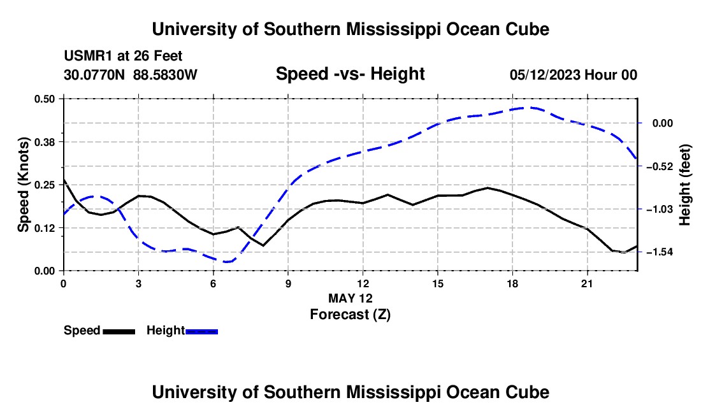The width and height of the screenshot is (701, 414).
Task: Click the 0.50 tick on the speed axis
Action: coord(45,99)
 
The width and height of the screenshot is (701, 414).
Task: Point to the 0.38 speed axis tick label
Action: coord(45,142)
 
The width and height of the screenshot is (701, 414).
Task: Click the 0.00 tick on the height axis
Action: coord(663,124)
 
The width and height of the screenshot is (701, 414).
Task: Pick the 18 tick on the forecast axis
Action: coord(512,283)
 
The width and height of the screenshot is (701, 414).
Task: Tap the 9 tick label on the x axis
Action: coord(288,283)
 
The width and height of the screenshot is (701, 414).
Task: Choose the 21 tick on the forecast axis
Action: coord(586,283)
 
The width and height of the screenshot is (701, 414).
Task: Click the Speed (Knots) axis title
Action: coord(23,185)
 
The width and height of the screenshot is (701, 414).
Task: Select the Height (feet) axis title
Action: coord(685,185)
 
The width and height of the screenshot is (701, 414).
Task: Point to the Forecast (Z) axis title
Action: coord(350,315)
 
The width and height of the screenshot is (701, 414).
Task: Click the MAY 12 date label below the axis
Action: coord(350,298)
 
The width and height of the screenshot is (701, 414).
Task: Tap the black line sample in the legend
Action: coord(119,331)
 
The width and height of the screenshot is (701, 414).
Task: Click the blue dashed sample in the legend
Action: coord(201,331)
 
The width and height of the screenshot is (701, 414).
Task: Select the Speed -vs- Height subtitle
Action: coord(350,74)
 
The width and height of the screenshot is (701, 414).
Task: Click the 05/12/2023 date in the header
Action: coord(545,75)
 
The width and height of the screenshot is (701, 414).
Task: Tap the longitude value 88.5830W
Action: coord(165,75)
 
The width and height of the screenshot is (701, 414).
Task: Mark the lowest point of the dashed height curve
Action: coord(227,262)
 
